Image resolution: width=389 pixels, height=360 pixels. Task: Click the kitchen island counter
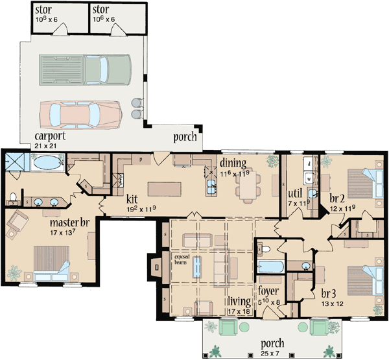(167, 189)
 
